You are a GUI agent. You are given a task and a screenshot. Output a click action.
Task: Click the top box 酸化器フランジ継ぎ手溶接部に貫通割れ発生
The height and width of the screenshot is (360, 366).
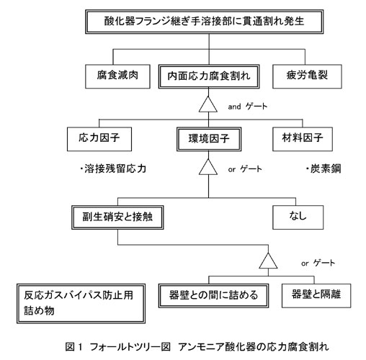click(x=204, y=22)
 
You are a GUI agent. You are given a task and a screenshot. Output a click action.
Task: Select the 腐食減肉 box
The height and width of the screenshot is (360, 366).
click(x=117, y=76)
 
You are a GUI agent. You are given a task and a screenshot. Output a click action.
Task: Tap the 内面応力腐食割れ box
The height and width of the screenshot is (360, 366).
click(x=209, y=76)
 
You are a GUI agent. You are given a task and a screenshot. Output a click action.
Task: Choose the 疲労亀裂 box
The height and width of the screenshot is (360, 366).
click(x=307, y=76)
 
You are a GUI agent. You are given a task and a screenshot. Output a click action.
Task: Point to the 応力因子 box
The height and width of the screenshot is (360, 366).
click(x=99, y=139)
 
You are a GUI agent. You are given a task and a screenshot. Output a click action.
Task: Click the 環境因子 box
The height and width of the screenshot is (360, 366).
click(x=209, y=139)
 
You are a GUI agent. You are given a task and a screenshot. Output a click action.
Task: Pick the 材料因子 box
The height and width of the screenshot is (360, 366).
click(x=303, y=139)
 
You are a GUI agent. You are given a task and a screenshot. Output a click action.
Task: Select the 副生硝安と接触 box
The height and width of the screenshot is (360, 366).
click(x=117, y=217)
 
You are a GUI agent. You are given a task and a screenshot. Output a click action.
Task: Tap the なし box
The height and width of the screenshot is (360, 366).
click(x=298, y=217)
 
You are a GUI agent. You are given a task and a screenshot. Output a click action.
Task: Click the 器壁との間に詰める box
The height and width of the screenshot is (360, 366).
click(x=213, y=296)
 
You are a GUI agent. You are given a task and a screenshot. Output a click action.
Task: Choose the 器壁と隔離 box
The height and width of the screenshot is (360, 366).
click(x=316, y=296)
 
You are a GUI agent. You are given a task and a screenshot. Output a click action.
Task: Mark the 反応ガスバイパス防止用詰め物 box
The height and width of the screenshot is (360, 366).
click(x=81, y=304)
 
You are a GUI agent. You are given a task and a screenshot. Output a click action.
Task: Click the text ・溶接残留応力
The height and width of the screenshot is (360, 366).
click(x=113, y=168)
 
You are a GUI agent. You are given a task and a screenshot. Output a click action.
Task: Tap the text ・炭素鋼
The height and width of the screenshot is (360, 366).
click(x=323, y=168)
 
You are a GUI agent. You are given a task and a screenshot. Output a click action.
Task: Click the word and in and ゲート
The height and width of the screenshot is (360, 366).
click(x=234, y=107)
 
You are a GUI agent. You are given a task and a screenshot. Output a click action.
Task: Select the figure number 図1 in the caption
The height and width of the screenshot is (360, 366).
click(x=73, y=346)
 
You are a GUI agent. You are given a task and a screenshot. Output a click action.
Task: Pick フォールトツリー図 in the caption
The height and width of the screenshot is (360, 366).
click(x=130, y=346)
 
